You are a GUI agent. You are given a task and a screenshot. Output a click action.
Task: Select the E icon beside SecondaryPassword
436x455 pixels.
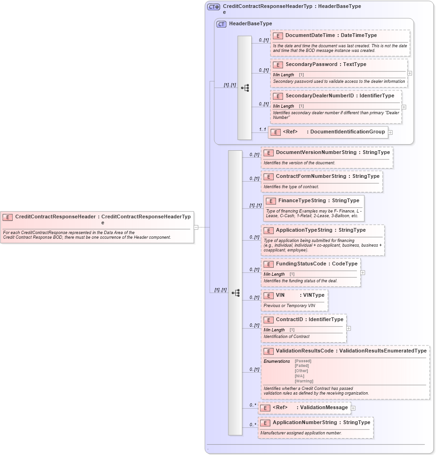[x=278, y=65]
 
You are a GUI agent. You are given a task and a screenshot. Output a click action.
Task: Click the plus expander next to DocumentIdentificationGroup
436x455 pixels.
[x=390, y=132]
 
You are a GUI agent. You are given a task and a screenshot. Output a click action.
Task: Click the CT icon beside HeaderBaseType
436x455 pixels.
[x=221, y=24]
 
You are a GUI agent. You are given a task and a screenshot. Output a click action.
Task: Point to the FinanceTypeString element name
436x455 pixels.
[x=302, y=200]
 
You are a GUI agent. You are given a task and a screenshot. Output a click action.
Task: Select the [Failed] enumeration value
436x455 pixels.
[x=302, y=366]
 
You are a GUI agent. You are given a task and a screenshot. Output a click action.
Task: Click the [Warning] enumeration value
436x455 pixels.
[x=304, y=381]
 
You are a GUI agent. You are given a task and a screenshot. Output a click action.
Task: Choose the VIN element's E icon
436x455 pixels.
[x=268, y=295]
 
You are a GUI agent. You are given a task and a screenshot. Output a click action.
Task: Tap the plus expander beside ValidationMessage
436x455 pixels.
[x=353, y=408]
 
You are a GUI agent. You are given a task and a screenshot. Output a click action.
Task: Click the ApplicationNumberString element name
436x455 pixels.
[x=305, y=422]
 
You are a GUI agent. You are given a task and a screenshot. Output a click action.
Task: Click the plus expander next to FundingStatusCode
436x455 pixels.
[x=363, y=272]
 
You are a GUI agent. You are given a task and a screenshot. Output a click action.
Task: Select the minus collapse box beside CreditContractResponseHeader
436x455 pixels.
[x=196, y=227]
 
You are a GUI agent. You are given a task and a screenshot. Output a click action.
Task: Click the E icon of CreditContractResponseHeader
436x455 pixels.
[x=7, y=217]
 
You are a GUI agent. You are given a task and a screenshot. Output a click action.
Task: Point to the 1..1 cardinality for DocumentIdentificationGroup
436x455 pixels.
[x=262, y=129]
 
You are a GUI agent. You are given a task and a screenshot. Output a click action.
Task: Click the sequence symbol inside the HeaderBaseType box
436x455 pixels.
[x=245, y=88]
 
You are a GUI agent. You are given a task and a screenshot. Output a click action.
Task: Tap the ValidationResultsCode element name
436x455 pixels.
[x=305, y=351]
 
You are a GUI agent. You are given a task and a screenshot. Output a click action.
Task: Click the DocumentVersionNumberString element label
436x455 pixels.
[x=316, y=152]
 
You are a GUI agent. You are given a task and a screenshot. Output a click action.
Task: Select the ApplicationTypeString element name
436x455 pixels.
[x=304, y=230]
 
